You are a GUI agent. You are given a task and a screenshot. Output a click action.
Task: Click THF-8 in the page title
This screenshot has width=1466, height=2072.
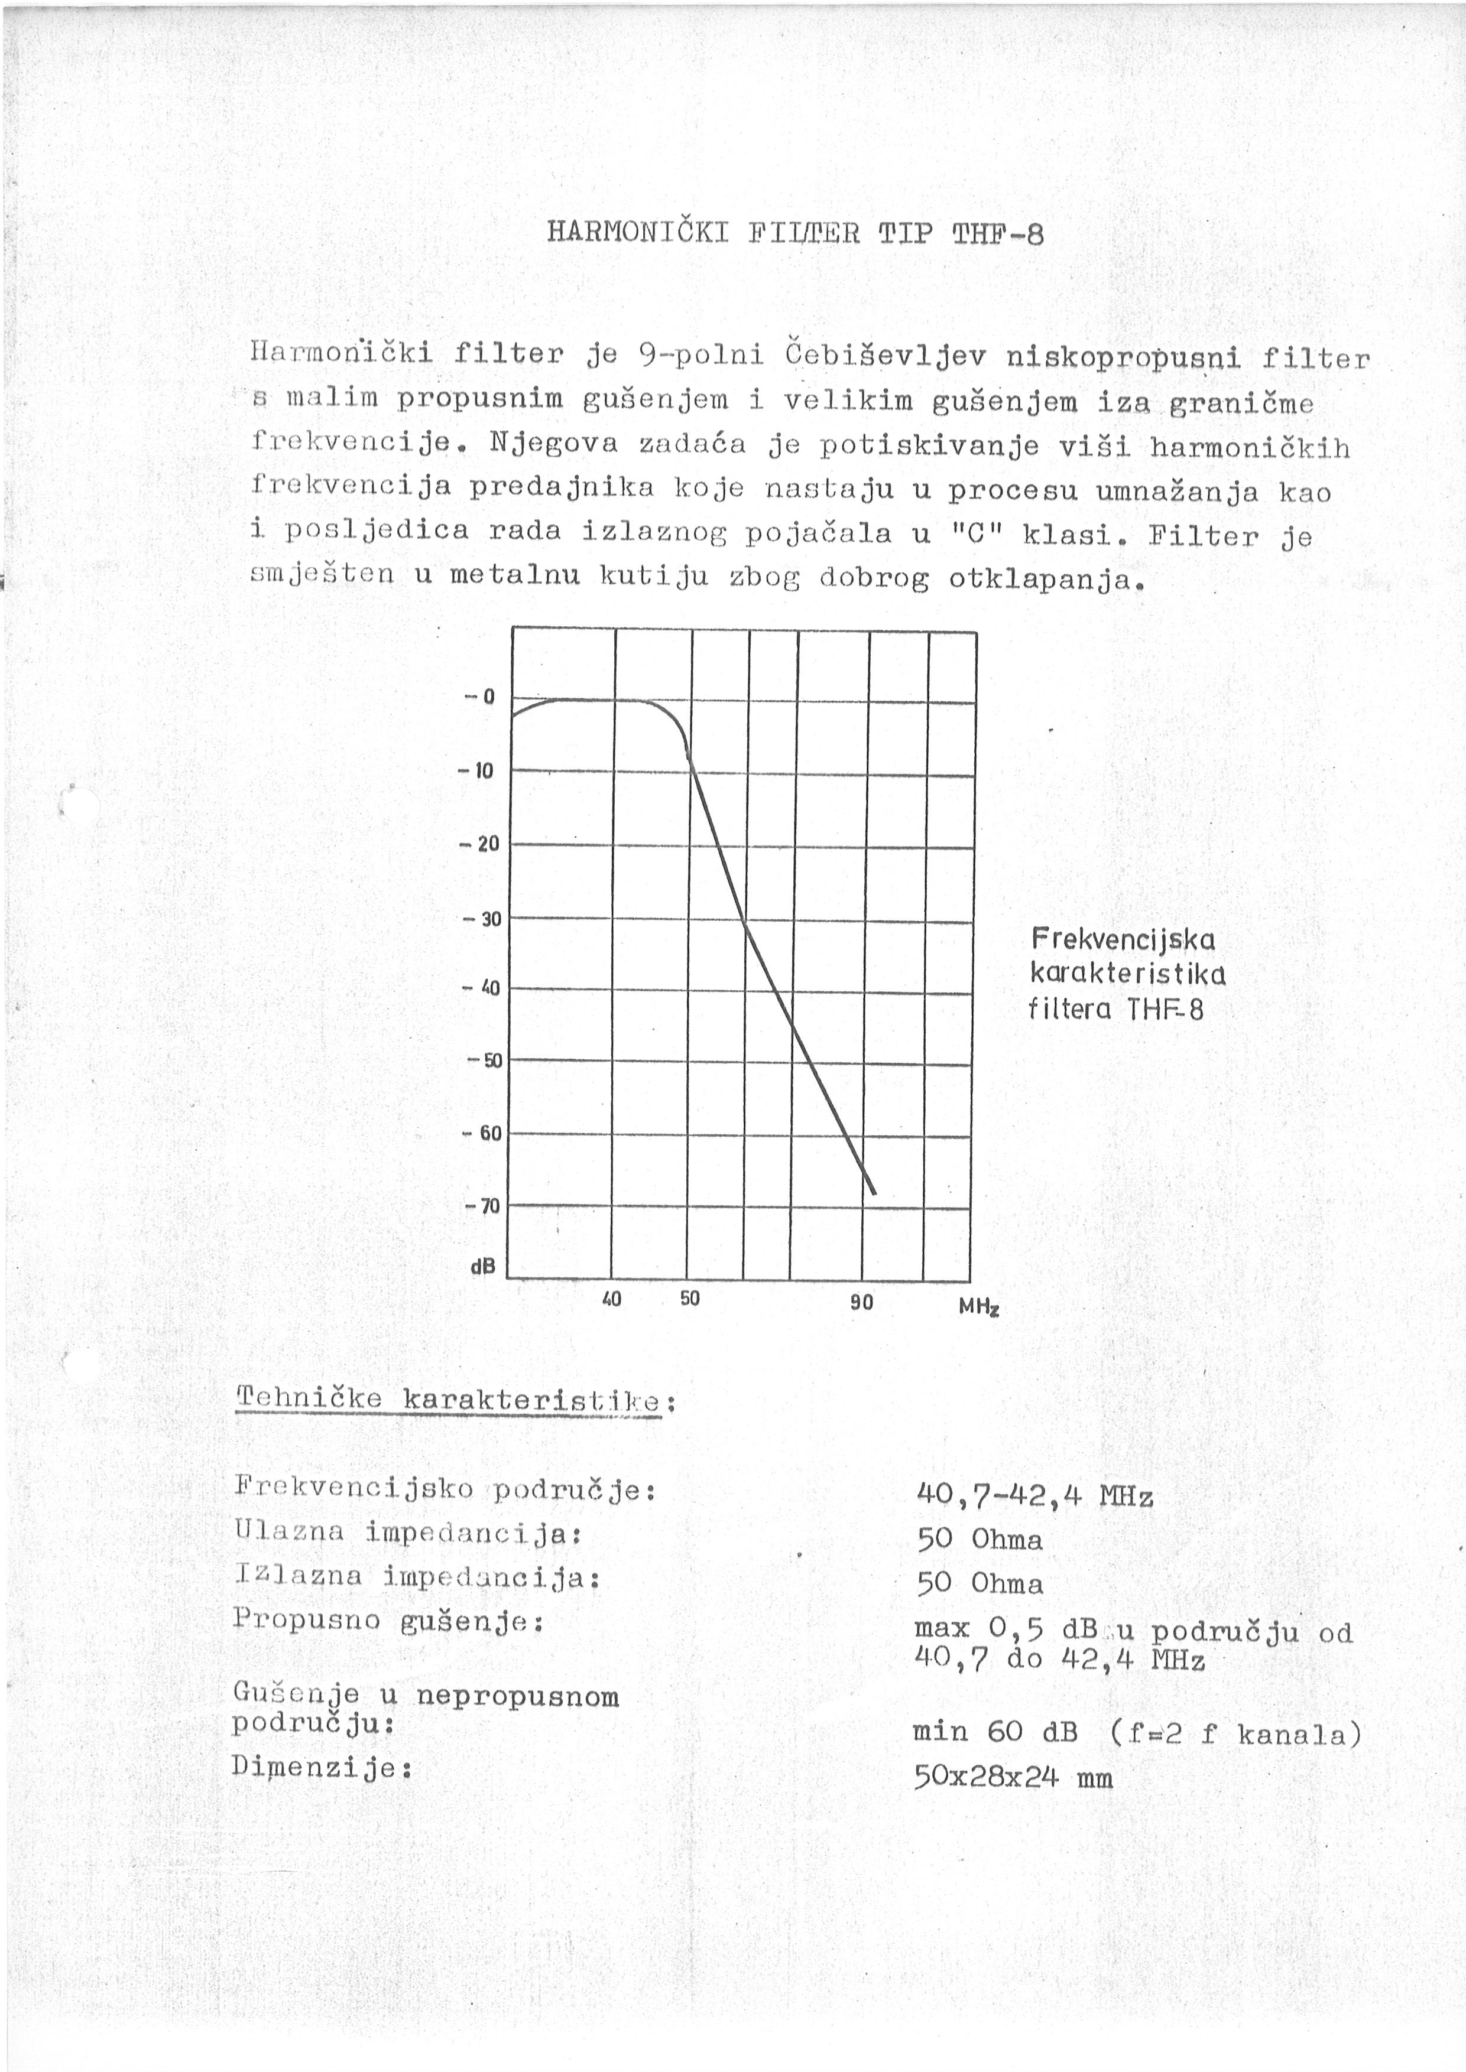click(997, 235)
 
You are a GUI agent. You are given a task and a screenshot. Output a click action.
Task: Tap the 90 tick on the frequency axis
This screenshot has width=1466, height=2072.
click(862, 1302)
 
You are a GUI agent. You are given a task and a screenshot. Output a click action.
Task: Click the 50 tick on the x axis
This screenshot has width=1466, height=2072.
click(690, 1300)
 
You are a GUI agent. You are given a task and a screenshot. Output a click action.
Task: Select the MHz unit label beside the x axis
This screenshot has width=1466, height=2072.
click(978, 1307)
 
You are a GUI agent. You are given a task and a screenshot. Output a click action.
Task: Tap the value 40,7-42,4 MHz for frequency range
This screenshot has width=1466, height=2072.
click(1034, 1496)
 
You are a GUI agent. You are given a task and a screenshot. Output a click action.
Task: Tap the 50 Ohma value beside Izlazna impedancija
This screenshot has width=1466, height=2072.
click(980, 1583)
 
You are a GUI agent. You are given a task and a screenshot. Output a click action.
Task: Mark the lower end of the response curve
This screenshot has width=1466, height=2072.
click(874, 1193)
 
